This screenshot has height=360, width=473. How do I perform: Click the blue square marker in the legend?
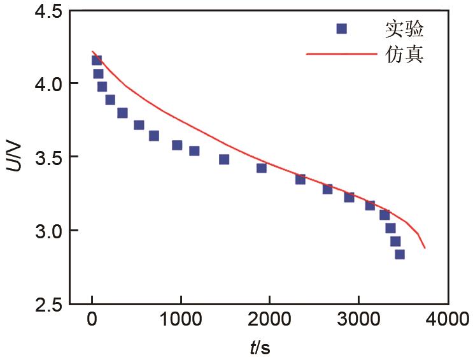point(342,29)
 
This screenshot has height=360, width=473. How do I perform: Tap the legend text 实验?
point(404,29)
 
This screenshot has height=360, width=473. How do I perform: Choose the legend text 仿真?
point(404,54)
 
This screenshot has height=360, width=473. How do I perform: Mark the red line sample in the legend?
point(341,54)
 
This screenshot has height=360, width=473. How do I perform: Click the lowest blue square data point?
point(400,254)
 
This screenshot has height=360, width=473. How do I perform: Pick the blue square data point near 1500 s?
point(224,159)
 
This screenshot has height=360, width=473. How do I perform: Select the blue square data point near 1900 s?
point(261,168)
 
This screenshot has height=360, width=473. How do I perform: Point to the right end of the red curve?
point(425,247)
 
